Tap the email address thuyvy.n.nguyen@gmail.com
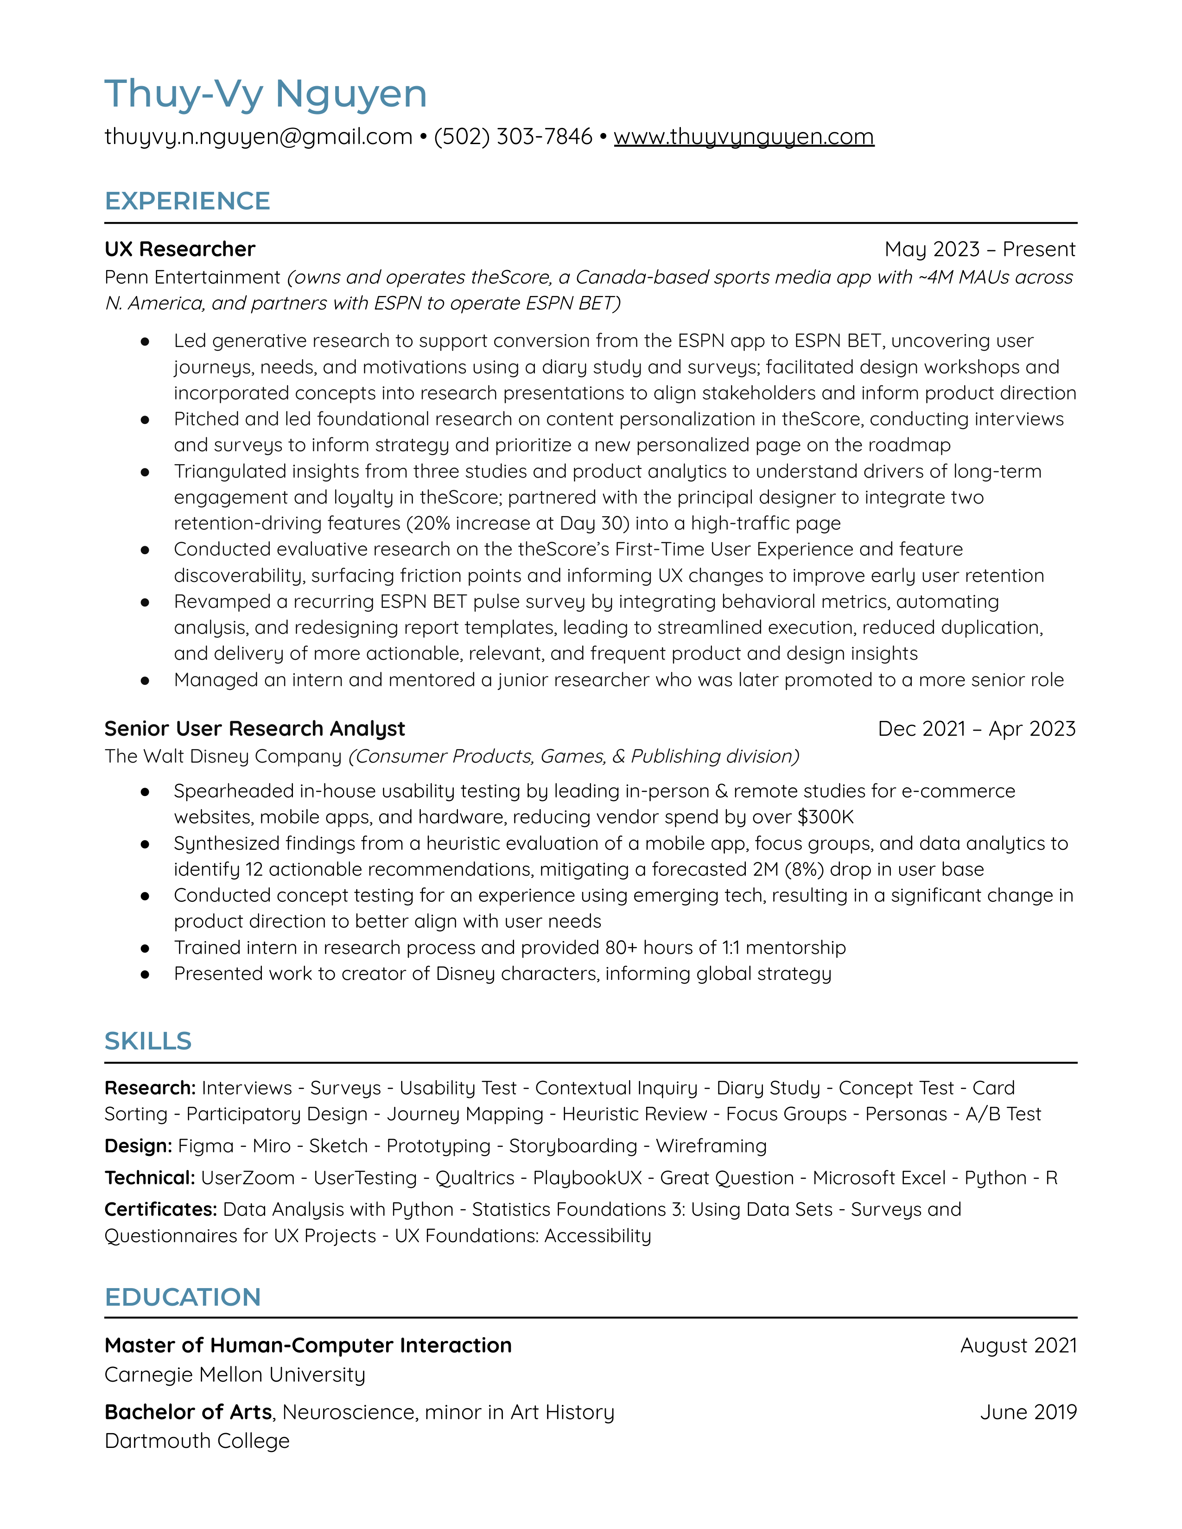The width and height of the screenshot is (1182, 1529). pos(258,137)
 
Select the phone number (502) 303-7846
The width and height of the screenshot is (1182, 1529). pos(513,137)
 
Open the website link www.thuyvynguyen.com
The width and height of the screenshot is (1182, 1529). pos(744,137)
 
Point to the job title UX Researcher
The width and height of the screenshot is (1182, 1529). pos(179,249)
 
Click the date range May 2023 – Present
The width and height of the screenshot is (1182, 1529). pos(979,249)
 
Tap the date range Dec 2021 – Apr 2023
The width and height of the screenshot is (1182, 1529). pos(976,729)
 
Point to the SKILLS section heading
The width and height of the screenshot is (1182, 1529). pos(148,1041)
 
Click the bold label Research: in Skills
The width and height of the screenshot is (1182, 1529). pos(150,1088)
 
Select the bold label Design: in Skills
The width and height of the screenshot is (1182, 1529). pos(138,1146)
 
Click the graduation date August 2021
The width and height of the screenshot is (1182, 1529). pos(1018,1346)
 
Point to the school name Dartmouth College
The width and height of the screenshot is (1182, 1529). pos(197,1441)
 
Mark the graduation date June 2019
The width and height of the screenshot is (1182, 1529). pos(1028,1412)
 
